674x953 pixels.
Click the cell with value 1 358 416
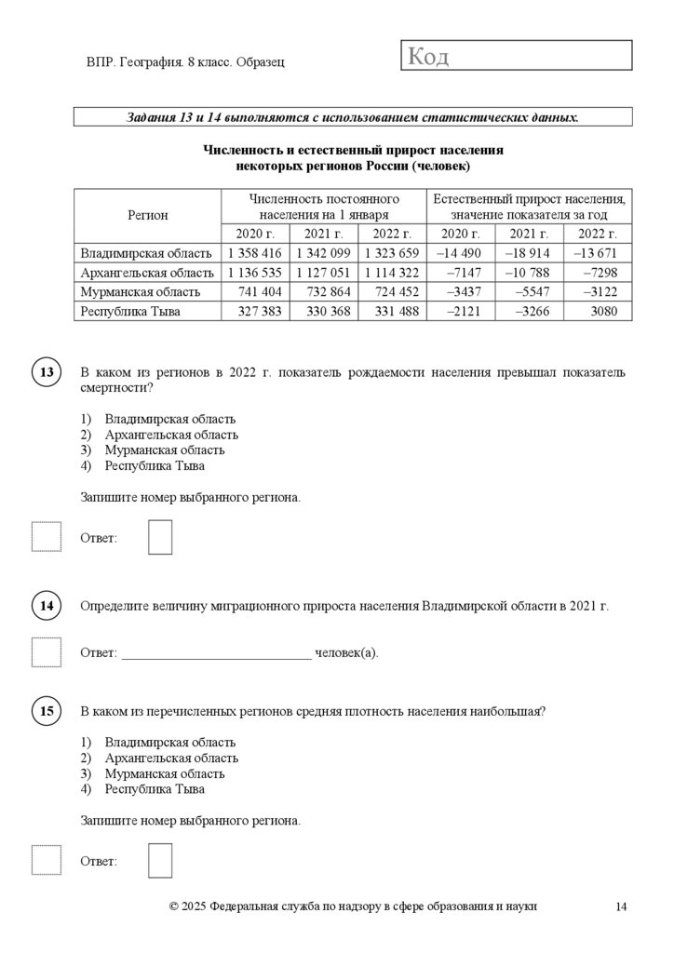tap(254, 253)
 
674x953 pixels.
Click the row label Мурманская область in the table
tap(140, 292)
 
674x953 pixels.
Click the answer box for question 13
tap(160, 538)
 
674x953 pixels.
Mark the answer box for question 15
tap(160, 861)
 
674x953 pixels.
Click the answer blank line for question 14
tap(216, 653)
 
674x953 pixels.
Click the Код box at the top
tap(517, 56)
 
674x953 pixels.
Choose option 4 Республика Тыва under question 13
tap(155, 465)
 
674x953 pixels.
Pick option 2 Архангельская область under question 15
tap(171, 758)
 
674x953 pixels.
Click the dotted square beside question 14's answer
tap(47, 652)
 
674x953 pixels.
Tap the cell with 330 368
tap(323, 312)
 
